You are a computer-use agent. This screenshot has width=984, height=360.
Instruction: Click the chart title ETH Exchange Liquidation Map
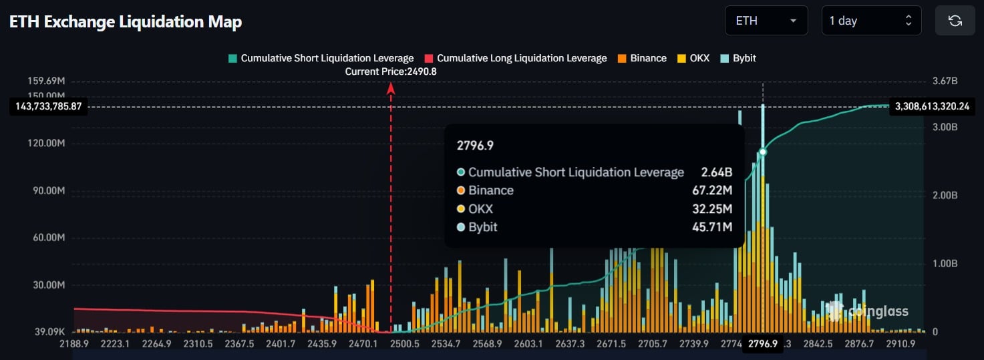[126, 21]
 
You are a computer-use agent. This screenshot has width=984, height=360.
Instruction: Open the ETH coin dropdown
[766, 21]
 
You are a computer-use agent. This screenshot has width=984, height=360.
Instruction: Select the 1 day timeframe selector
[870, 21]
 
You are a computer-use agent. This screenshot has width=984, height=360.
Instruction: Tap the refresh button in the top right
[955, 21]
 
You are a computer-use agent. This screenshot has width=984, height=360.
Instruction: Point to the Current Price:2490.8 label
[391, 71]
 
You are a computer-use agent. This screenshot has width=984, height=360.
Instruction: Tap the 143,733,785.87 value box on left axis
[48, 106]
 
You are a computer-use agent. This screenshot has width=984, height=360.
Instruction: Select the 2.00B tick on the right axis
[945, 195]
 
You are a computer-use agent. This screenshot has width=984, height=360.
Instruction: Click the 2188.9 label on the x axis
[74, 343]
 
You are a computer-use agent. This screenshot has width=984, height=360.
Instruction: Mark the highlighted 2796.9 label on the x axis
[763, 343]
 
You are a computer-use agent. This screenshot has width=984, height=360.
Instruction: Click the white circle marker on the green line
[763, 152]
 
